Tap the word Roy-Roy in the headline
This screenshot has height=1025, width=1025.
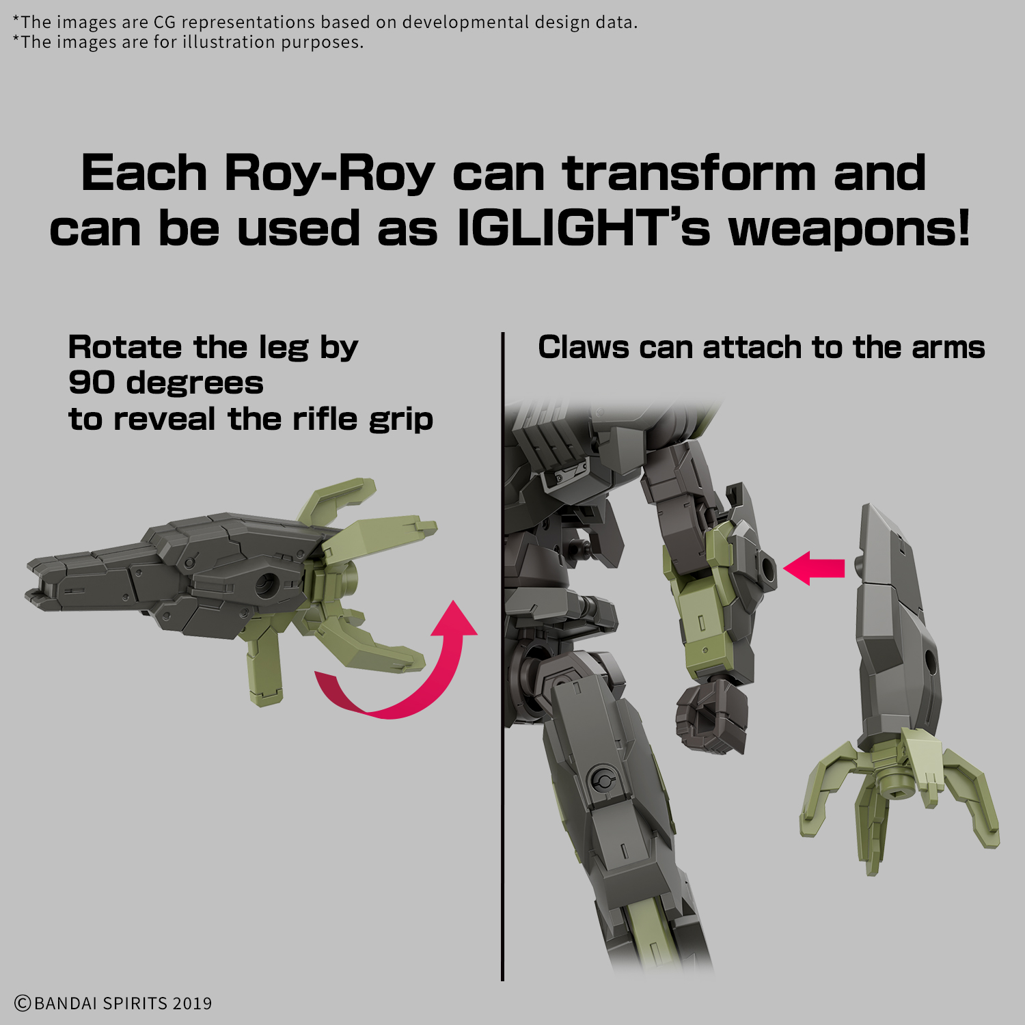pyautogui.click(x=329, y=174)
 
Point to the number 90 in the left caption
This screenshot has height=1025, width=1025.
pyautogui.click(x=91, y=383)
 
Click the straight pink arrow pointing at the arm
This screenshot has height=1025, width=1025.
pyautogui.click(x=815, y=568)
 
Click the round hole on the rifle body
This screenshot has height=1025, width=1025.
pyautogui.click(x=266, y=586)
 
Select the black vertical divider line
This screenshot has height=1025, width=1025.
pyautogui.click(x=502, y=657)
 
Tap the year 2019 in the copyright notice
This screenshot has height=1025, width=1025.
pyautogui.click(x=192, y=1003)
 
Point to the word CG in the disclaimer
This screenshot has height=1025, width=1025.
pyautogui.click(x=164, y=22)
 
